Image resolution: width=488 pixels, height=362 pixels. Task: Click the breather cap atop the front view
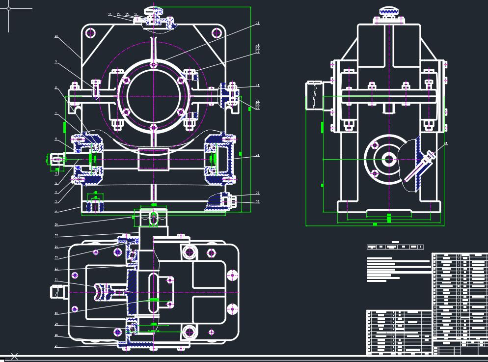(x=154, y=11)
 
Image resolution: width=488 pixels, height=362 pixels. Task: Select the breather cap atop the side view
(x=389, y=11)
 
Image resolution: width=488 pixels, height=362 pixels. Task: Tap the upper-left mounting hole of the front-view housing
(x=90, y=33)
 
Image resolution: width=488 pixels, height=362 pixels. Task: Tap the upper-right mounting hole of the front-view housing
(x=217, y=33)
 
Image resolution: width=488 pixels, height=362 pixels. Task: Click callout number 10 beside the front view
(x=56, y=36)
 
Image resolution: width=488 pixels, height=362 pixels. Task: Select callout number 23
(x=257, y=155)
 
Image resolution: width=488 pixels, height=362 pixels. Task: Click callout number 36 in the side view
(x=446, y=143)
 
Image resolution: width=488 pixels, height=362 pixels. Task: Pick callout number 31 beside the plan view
(x=56, y=280)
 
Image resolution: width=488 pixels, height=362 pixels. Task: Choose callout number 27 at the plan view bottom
(x=56, y=346)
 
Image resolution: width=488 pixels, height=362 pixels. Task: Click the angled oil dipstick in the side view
(x=426, y=160)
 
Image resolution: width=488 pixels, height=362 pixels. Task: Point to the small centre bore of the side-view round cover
(x=389, y=159)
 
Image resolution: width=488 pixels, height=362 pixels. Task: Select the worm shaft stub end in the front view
(x=57, y=159)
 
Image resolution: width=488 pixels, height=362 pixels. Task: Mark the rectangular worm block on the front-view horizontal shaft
(x=154, y=159)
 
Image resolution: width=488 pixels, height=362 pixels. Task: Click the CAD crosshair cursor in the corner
(x=8, y=8)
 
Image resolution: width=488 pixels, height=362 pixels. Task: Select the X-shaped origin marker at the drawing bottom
(x=14, y=356)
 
